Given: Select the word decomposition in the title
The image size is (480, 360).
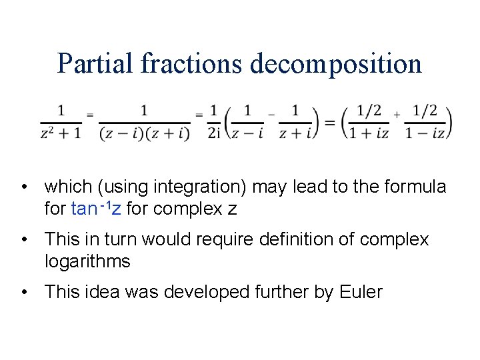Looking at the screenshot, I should point(336,65).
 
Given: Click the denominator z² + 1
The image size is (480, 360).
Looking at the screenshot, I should point(61,133).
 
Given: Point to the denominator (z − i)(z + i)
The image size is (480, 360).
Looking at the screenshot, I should point(144,133).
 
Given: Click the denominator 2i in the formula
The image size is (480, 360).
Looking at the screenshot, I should point(213,133).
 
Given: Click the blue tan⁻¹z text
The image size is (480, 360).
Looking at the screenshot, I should point(95,209).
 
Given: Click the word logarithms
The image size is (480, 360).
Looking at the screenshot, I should point(87,261).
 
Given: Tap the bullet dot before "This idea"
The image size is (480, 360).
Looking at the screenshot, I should point(25,292).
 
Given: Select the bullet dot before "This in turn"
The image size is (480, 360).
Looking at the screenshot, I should point(25,240).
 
